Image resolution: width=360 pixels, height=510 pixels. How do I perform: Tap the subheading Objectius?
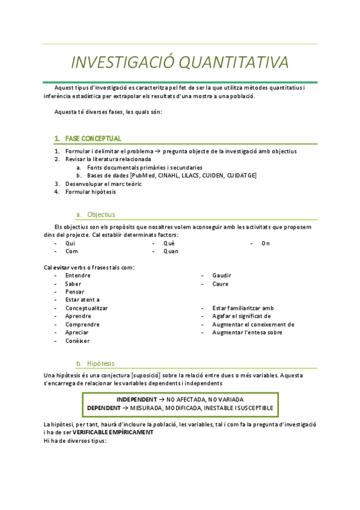tap(101, 214)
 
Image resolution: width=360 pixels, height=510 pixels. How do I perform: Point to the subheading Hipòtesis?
tap(101, 363)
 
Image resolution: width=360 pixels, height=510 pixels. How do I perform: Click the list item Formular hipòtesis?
tap(91, 192)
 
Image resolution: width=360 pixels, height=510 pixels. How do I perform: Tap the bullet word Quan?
tap(171, 251)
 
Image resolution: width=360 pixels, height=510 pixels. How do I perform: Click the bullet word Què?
tap(169, 243)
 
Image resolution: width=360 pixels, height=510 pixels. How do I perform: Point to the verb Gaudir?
tap(222, 275)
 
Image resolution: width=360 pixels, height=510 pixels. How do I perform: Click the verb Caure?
tap(220, 284)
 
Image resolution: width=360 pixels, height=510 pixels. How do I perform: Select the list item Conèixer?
tap(78, 340)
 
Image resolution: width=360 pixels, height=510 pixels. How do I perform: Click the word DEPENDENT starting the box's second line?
tap(108, 408)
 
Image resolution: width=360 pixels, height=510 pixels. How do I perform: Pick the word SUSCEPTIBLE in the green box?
tap(251, 408)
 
